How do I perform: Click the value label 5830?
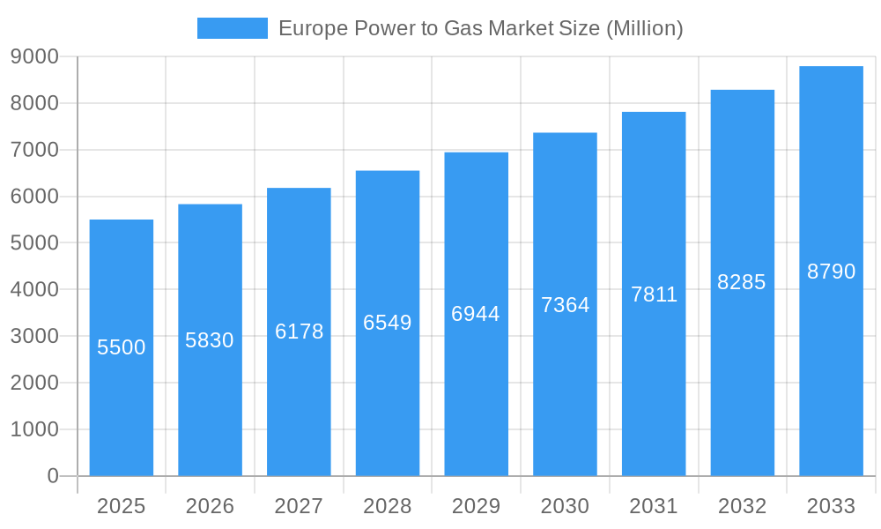pyautogui.click(x=210, y=340)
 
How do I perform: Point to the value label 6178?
pyautogui.click(x=299, y=332)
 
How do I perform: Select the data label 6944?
pyautogui.click(x=476, y=314)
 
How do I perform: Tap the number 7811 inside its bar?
pyautogui.click(x=654, y=294)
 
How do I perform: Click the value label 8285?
pyautogui.click(x=742, y=282)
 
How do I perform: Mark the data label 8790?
pyautogui.click(x=831, y=272)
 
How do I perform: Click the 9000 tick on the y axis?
pyautogui.click(x=34, y=57)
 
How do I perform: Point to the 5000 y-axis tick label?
pyautogui.click(x=34, y=243)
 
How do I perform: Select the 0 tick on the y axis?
pyautogui.click(x=52, y=476)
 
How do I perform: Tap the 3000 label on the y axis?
pyautogui.click(x=34, y=337)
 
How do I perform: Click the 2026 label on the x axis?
pyautogui.click(x=210, y=506)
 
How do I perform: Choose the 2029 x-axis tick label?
pyautogui.click(x=476, y=506)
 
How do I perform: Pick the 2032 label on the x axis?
pyautogui.click(x=742, y=506)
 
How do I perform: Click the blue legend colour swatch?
pyautogui.click(x=233, y=28)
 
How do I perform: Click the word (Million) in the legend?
pyautogui.click(x=644, y=28)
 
